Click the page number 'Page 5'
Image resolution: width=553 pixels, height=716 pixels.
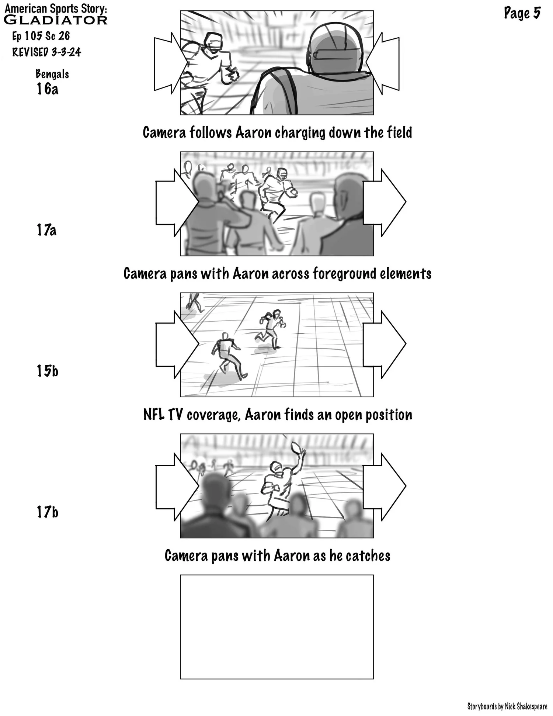pos(522,14)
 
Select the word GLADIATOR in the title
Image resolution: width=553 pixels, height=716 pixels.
pos(55,20)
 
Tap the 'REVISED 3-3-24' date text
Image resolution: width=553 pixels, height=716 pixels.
pos(46,52)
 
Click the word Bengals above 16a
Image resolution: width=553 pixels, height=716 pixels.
pos(52,74)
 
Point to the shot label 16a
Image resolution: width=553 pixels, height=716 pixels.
pos(47,89)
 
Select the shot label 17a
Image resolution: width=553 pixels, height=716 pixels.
pos(46,230)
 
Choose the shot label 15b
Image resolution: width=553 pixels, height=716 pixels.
pos(47,371)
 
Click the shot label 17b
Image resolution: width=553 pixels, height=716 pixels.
pos(47,512)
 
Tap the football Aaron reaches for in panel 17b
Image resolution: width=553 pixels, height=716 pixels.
pos(296,447)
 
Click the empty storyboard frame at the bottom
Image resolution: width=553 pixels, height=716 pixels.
pos(276,627)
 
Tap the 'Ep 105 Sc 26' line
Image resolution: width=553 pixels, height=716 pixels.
pos(41,36)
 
